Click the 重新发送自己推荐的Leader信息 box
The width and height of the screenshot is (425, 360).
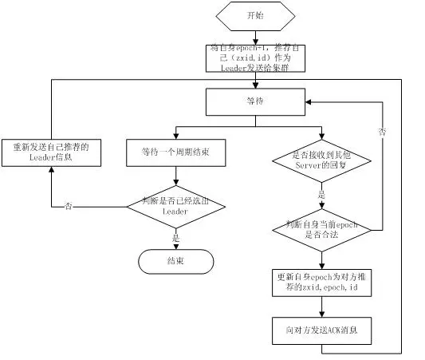(52, 151)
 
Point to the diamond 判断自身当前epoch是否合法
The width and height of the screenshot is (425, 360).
(321, 231)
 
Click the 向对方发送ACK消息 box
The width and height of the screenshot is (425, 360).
(321, 329)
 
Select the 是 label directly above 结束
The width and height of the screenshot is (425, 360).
(175, 236)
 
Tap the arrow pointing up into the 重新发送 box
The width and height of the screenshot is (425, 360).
(52, 172)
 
